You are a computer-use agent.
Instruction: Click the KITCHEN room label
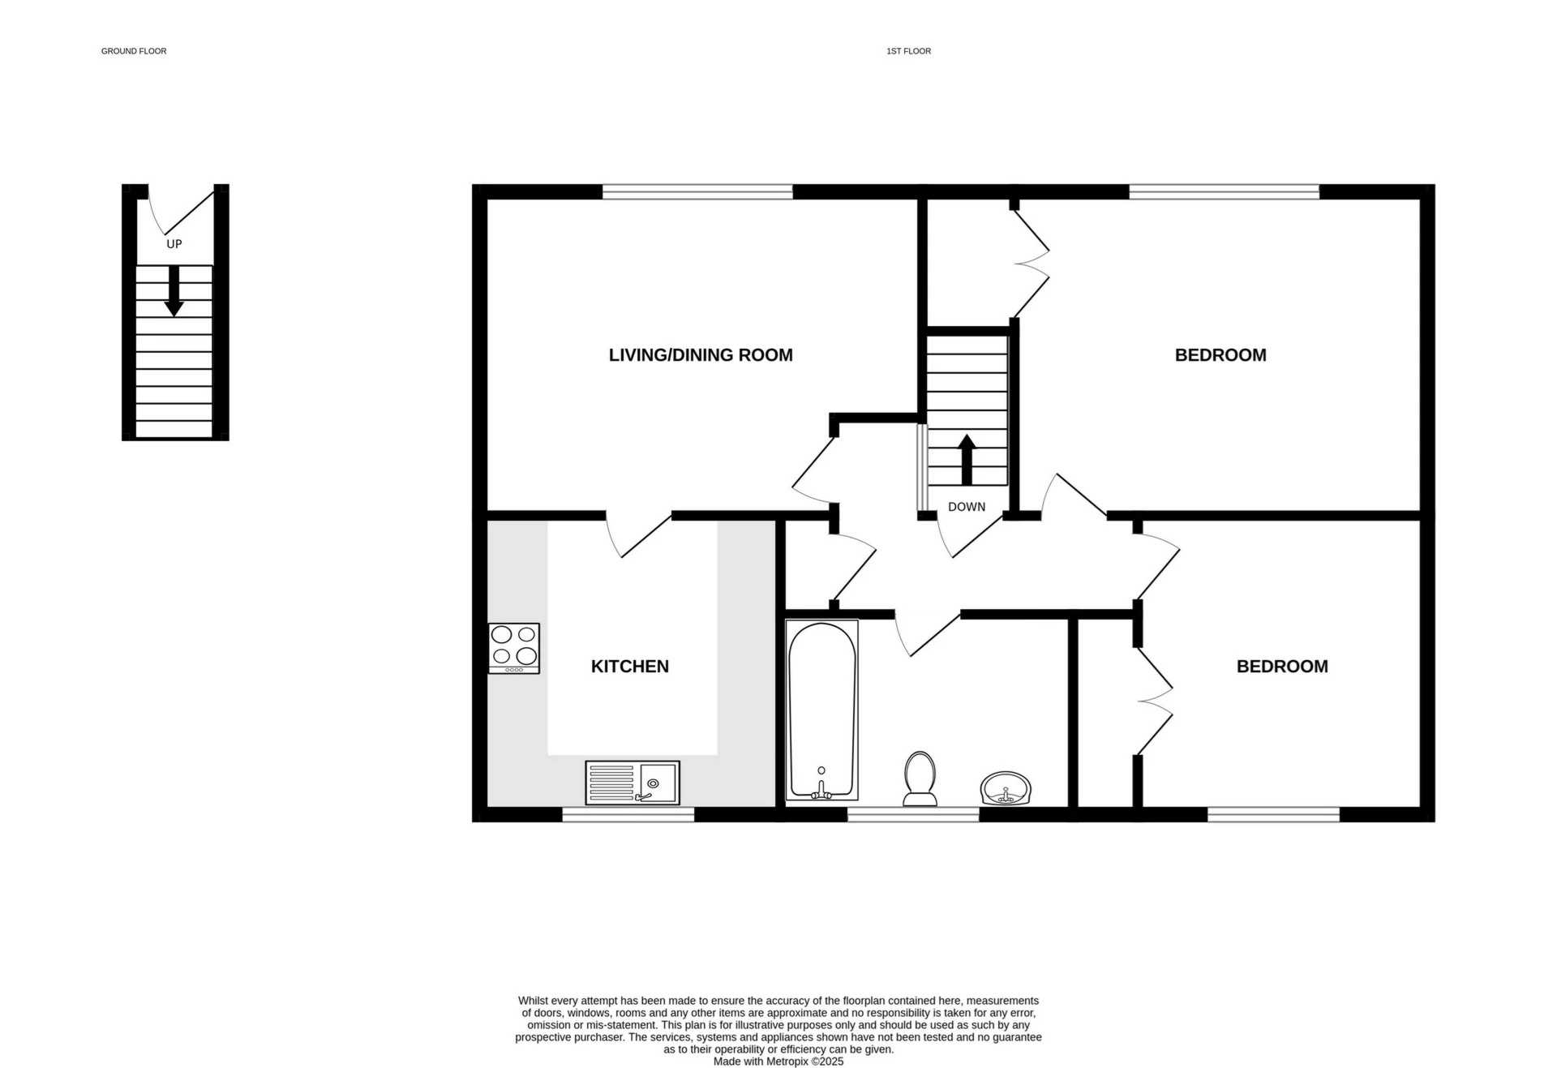(629, 667)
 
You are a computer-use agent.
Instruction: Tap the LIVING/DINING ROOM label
(701, 355)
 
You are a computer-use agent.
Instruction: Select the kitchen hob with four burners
(514, 648)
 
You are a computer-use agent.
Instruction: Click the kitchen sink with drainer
(633, 783)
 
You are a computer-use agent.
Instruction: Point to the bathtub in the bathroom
(822, 710)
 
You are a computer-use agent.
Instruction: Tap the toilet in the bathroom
(920, 778)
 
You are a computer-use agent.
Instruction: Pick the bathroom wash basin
(1006, 788)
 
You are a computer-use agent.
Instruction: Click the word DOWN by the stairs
(967, 507)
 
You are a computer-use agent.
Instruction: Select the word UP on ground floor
(174, 244)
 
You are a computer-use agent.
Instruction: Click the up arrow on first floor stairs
(967, 460)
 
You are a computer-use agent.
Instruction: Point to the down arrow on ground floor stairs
(174, 291)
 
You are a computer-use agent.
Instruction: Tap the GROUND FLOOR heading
(134, 51)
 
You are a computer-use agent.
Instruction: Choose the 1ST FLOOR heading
(908, 51)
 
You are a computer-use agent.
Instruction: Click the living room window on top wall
(697, 192)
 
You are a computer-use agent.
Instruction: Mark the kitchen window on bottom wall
(628, 815)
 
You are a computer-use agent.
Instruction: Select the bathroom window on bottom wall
(913, 815)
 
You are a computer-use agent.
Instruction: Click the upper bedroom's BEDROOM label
(1220, 355)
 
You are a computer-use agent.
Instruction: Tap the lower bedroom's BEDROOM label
(1282, 667)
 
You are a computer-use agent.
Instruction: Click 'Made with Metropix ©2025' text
(778, 1062)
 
